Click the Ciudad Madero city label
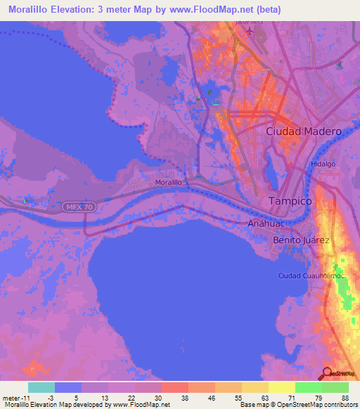304,131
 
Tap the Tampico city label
290,201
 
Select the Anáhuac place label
264,223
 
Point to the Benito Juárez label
301,240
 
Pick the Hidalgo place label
323,164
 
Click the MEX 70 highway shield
76,207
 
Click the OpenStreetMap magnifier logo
326,373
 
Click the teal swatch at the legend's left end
41,387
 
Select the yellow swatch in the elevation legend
281,387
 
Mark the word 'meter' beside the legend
11,397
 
